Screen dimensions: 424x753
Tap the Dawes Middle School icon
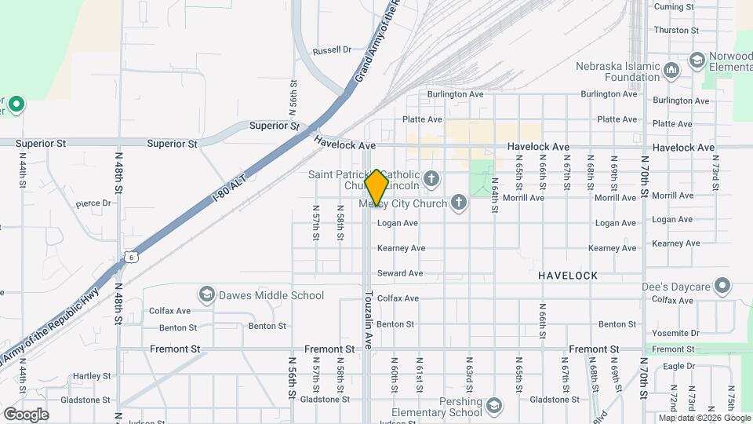pos(207,295)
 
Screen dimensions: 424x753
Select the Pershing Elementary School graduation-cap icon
pos(494,406)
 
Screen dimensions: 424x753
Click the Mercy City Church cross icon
pos(460,204)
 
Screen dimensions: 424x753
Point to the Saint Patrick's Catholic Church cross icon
pos(431,180)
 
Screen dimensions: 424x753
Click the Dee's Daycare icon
pos(722,286)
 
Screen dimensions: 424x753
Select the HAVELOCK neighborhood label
pos(568,276)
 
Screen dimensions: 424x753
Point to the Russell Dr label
pos(332,50)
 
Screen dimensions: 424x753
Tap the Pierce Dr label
pos(93,203)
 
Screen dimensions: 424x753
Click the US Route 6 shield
pos(129,256)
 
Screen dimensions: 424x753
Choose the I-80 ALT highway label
pos(227,186)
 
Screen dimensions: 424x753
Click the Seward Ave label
pos(400,273)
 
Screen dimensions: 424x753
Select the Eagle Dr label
pos(678,366)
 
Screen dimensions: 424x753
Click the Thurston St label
pos(676,31)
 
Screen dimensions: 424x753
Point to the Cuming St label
pos(675,7)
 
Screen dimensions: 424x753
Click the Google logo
pos(26,415)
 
